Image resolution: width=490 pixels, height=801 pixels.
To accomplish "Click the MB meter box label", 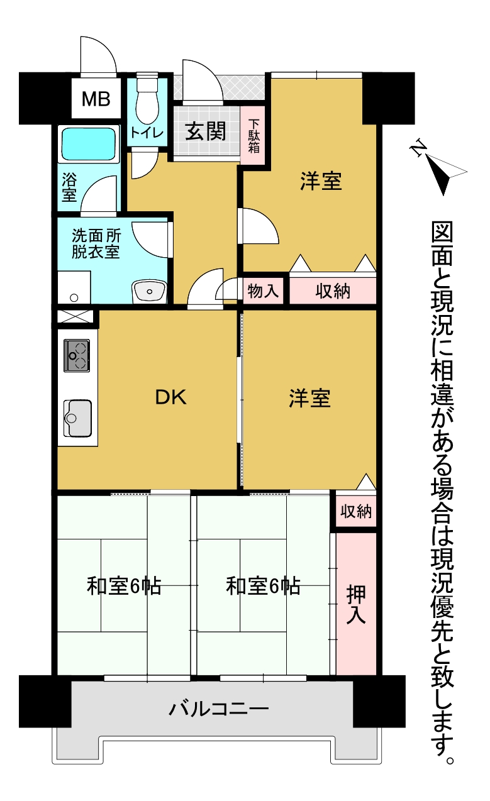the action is tap(96, 99).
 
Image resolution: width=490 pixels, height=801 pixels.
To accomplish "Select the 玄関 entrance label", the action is tap(206, 131).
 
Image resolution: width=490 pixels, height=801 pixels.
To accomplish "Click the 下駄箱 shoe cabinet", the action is tap(253, 136).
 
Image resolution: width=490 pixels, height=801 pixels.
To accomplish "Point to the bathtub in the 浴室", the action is tap(89, 144).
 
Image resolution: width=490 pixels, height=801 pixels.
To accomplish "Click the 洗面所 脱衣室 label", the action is tap(96, 243).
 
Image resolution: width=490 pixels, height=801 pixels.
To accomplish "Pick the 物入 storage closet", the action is tap(263, 290).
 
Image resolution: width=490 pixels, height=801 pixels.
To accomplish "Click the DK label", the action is tap(170, 397).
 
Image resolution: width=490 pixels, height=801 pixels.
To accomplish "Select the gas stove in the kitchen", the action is tap(77, 355).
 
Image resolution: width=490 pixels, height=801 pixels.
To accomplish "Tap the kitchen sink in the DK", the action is tap(77, 418).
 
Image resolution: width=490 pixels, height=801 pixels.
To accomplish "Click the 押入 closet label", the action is tap(356, 604).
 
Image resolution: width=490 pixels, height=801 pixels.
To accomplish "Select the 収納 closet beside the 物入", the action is tap(333, 290).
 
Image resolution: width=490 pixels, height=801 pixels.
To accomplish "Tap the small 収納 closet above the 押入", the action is tap(356, 511).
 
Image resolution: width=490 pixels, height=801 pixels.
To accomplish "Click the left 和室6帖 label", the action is tap(124, 586).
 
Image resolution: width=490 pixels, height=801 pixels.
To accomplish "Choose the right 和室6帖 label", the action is tap(263, 586).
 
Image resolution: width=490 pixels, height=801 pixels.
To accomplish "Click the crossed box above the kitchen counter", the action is tap(75, 316).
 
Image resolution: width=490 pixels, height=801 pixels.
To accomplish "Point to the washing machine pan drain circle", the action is tap(74, 297).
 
